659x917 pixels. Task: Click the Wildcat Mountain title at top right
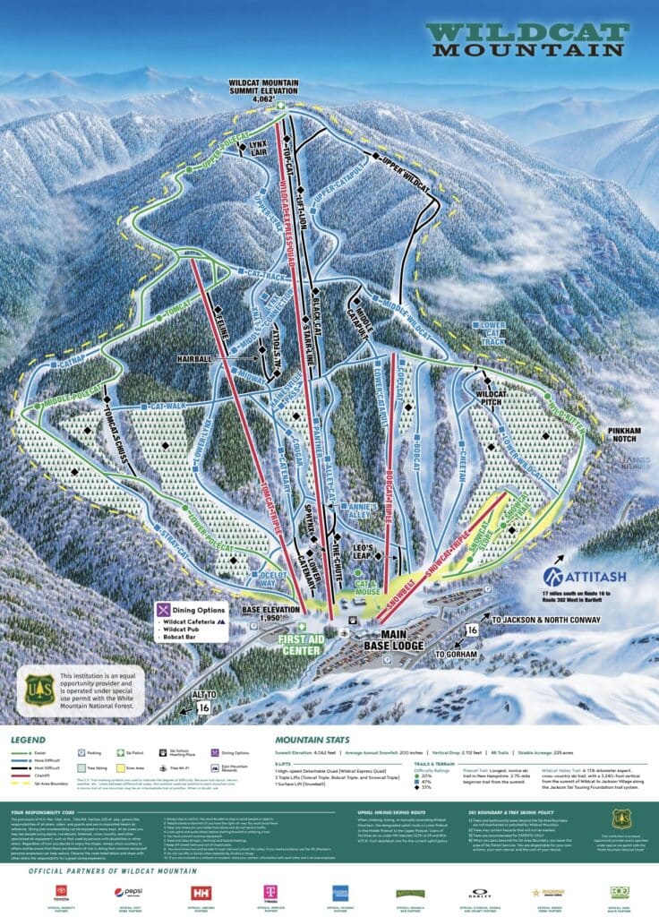coord(526,40)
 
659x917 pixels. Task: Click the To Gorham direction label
coord(453,655)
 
